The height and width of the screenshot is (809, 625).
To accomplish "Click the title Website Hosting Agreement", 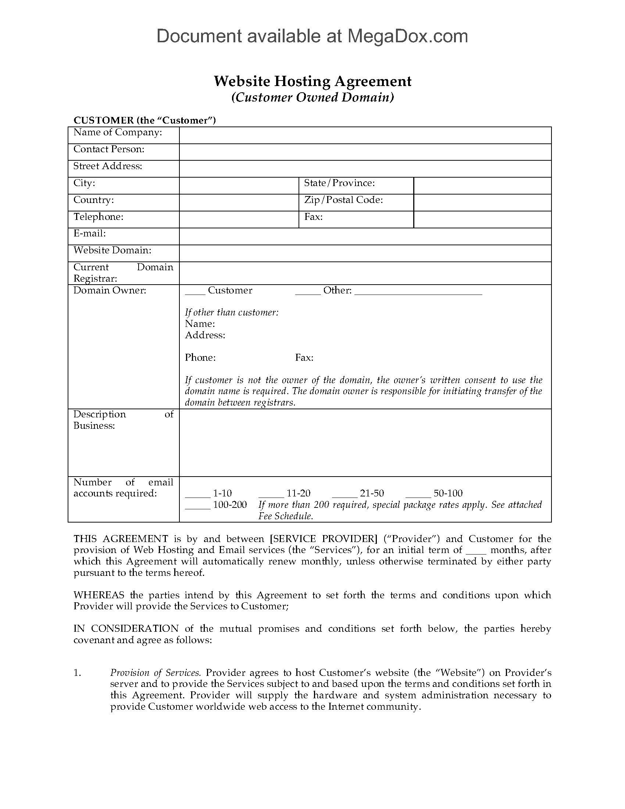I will pos(312,81).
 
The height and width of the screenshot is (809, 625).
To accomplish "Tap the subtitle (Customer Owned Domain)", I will pos(312,97).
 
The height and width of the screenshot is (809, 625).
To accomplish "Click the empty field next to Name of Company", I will pos(365,135).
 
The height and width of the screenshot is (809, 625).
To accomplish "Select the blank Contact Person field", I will pos(365,152).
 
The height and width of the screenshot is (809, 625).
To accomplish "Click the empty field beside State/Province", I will pos(482,186).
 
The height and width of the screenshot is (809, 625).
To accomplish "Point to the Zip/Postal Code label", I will pos(343,200).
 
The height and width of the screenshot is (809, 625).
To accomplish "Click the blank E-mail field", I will pos(365,236).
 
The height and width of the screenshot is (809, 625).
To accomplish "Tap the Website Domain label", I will pos(112,250).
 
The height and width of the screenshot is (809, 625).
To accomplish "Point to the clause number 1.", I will pos(77,673).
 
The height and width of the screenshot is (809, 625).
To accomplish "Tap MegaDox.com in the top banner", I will pos(407,36).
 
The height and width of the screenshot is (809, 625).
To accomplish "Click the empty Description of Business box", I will pos(365,443).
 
